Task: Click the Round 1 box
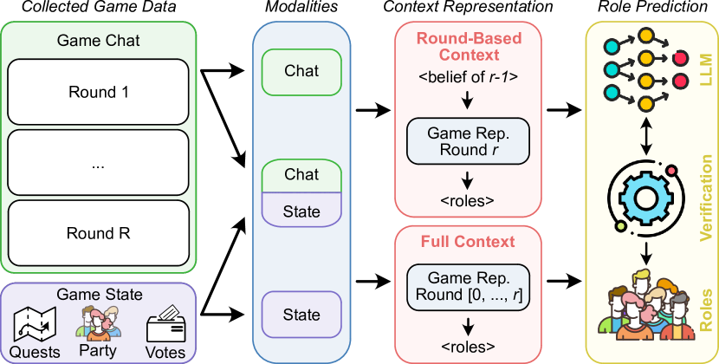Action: click(x=98, y=91)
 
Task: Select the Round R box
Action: click(x=98, y=232)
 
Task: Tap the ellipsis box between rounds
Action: click(x=98, y=162)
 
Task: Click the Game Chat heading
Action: click(x=98, y=41)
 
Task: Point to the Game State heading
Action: click(x=98, y=295)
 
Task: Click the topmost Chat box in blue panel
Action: click(x=301, y=71)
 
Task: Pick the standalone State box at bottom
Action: click(x=301, y=315)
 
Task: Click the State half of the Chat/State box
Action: click(x=301, y=211)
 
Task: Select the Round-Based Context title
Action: click(x=468, y=49)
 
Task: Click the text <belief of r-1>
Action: click(x=468, y=77)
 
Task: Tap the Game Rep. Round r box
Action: click(x=468, y=141)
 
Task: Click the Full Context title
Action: click(x=468, y=241)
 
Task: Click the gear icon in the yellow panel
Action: click(x=646, y=196)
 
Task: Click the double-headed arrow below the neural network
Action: click(x=646, y=133)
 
